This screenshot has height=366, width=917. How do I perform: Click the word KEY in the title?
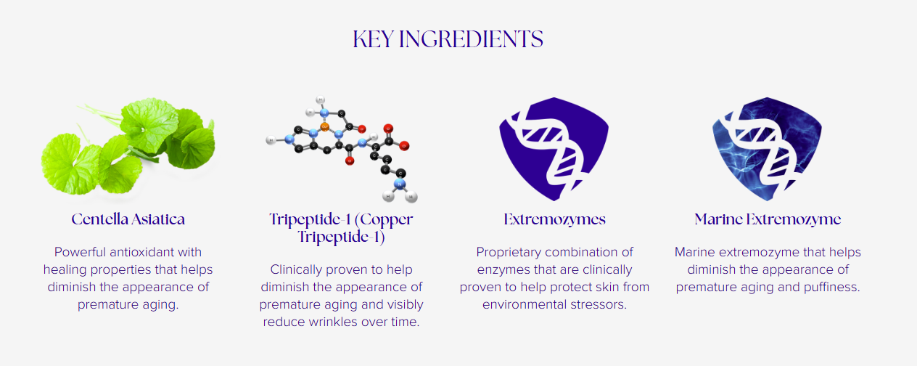pos(373,39)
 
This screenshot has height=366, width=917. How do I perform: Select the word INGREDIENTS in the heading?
pos(471,39)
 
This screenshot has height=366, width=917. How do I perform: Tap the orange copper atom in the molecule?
pos(324,126)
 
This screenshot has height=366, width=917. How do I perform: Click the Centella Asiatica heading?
pos(128,219)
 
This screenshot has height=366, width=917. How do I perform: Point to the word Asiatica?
pos(157,219)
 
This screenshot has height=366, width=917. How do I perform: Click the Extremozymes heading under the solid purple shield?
pos(554,219)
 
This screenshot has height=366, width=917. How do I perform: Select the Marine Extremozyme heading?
pos(768,219)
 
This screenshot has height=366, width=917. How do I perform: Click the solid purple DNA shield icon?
pos(554,149)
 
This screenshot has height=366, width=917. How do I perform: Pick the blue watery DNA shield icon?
pos(767,149)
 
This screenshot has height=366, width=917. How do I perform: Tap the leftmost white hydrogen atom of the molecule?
pos(271,141)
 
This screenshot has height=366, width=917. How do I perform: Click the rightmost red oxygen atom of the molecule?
pos(404,145)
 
